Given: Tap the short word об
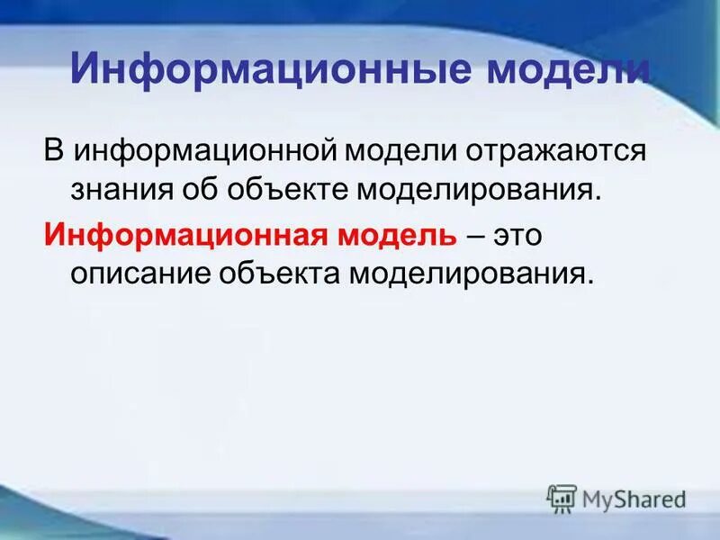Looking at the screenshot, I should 203,190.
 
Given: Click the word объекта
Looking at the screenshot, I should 279,273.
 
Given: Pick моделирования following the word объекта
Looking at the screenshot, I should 472,273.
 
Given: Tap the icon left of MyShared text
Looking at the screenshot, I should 562,499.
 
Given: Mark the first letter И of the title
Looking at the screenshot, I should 84,69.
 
